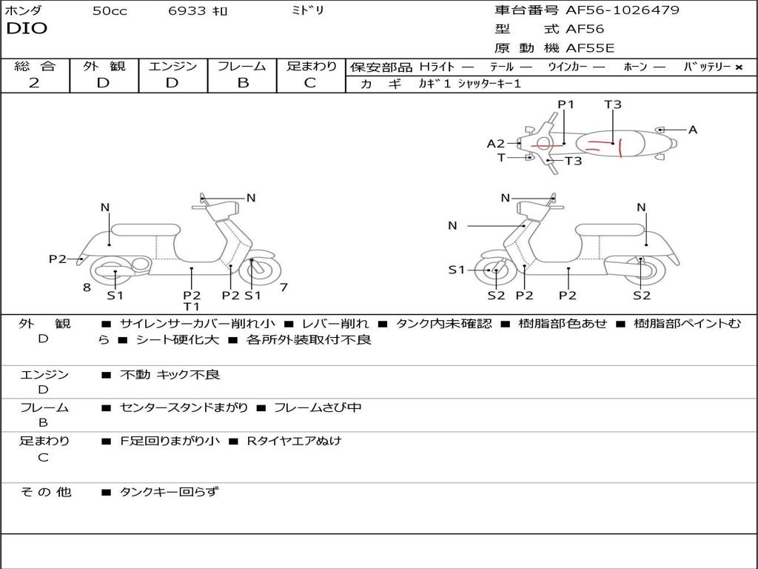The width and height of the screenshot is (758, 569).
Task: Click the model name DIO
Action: [x=27, y=29]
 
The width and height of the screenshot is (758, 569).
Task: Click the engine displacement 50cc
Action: [x=110, y=11]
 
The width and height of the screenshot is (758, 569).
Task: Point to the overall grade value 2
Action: [x=34, y=83]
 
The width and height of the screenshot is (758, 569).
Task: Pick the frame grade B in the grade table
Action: [x=242, y=83]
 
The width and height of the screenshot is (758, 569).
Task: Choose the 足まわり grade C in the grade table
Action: [x=310, y=83]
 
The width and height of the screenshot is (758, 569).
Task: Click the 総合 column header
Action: [x=35, y=66]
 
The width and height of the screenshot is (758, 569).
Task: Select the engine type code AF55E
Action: [x=590, y=49]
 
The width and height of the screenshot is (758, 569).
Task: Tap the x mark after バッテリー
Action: [x=738, y=67]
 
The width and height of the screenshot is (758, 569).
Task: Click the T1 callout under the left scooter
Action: [x=192, y=307]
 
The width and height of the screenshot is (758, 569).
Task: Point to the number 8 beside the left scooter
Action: [x=87, y=287]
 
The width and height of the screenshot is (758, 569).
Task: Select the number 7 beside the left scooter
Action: [x=284, y=287]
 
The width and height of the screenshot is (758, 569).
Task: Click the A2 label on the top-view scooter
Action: [x=495, y=144]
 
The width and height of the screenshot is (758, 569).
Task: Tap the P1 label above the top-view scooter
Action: [x=566, y=104]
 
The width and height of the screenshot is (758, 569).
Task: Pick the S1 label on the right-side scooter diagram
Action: [x=457, y=270]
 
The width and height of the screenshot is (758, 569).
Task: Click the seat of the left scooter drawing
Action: [x=146, y=229]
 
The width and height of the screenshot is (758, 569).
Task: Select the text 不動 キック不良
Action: [x=170, y=375]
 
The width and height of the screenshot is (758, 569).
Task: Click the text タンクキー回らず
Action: [x=170, y=491]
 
